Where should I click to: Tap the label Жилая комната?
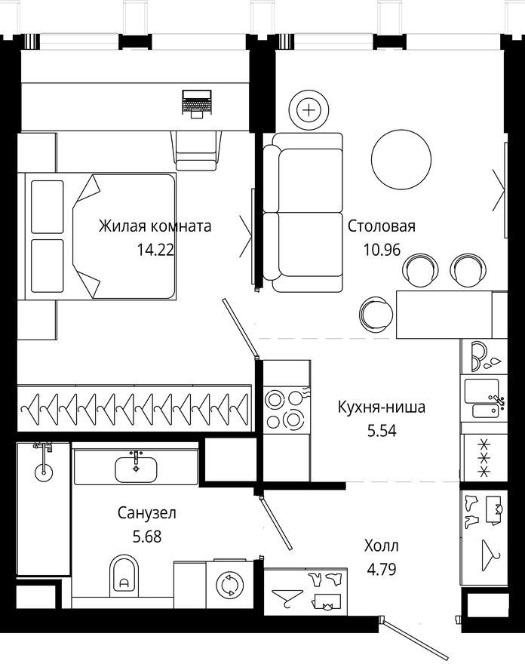pos(155,226)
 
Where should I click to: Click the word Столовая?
pos(382,226)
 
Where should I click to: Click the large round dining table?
pos(404,158)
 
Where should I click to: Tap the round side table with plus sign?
pos(309,110)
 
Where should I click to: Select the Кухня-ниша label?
pos(381,407)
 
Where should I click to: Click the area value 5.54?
pos(381,432)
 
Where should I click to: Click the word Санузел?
pos(147,514)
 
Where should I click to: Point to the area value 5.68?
pos(147,538)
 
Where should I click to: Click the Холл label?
pos(381,546)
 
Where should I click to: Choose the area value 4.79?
pos(381,570)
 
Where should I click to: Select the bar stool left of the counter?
pos(376,310)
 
